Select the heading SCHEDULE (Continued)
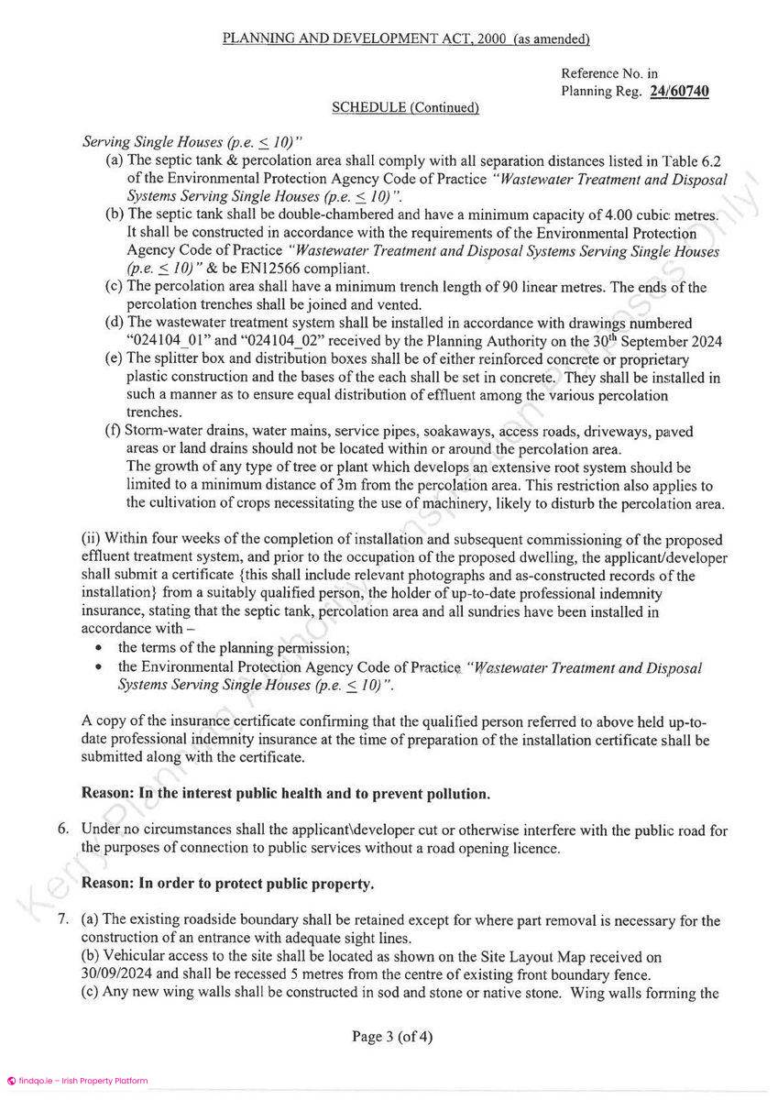405,107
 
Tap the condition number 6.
63,830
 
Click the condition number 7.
63,919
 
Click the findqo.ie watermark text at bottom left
76,1081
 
